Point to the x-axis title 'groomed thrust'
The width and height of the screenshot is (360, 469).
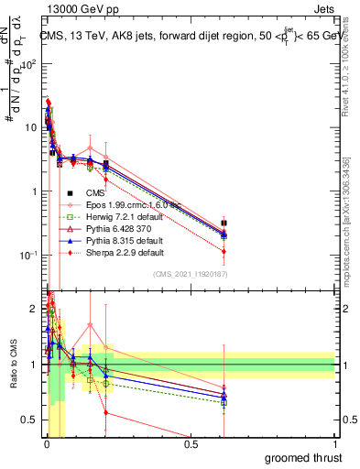tap(303, 458)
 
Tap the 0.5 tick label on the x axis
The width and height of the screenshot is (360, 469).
tap(191, 443)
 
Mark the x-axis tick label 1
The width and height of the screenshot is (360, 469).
tap(335, 443)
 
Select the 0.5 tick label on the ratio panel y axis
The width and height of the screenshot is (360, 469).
tap(32, 420)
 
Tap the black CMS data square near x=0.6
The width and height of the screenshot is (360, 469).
tap(224, 223)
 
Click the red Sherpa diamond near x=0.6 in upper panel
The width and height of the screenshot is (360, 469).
tap(224, 251)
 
